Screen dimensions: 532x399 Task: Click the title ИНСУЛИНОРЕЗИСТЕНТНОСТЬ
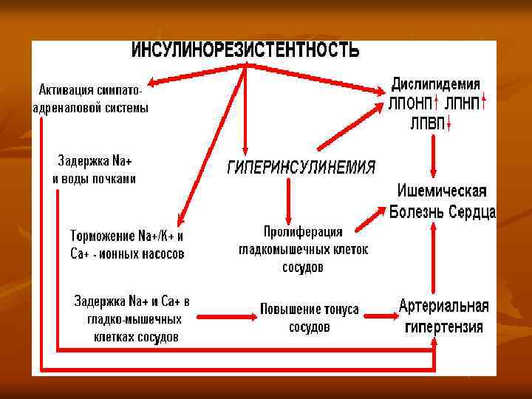click(245, 50)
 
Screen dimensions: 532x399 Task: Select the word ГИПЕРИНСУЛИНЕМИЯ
click(300, 167)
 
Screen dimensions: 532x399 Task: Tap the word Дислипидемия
click(435, 83)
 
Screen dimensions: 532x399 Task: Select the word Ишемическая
click(443, 191)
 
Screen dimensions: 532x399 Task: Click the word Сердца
click(471, 213)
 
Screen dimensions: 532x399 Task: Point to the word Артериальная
click(443, 306)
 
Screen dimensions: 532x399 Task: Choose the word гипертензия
click(443, 327)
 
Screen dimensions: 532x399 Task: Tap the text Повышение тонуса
click(310, 309)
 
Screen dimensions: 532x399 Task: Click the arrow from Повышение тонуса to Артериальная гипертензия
click(379, 316)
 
